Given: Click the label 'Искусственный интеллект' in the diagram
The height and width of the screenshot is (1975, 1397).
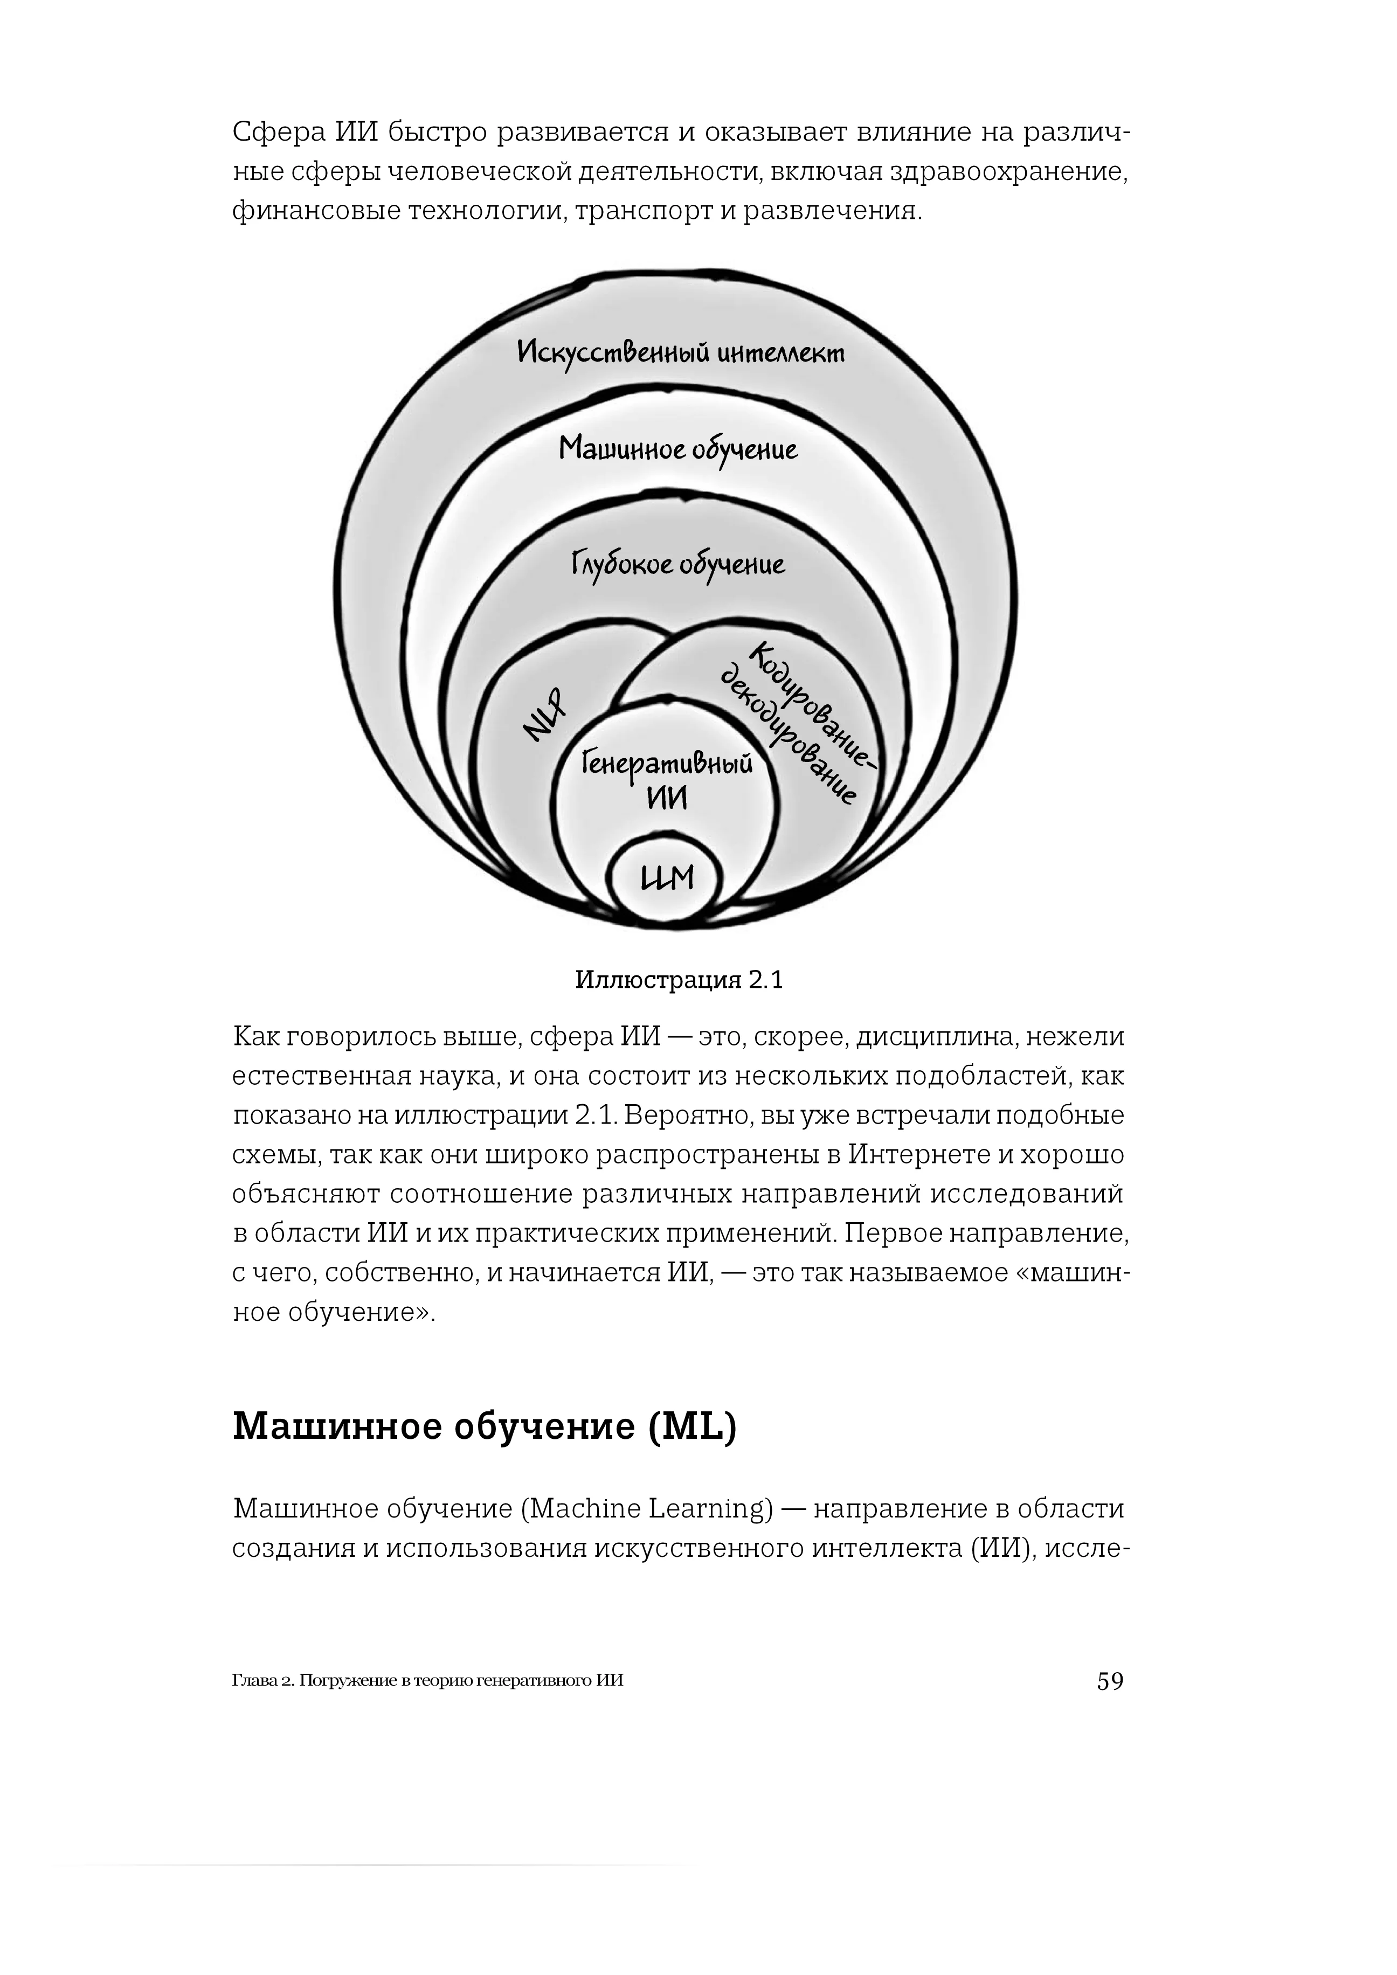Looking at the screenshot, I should coord(680,352).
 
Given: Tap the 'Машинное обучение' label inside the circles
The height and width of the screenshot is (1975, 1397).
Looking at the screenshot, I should coord(678,449).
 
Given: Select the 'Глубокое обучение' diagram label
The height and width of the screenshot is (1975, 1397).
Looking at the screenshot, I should coord(678,564).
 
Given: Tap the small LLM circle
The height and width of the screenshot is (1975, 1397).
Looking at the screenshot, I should coord(667,879).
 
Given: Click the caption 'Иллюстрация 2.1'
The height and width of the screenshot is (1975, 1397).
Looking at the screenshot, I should coord(679,980).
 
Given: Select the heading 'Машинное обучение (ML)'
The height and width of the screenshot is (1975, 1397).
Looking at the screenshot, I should coord(485,1426).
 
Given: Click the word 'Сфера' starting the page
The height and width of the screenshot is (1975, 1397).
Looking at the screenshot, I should coord(277,133).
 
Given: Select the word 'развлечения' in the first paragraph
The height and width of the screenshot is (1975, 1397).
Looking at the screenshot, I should coord(831,211).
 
